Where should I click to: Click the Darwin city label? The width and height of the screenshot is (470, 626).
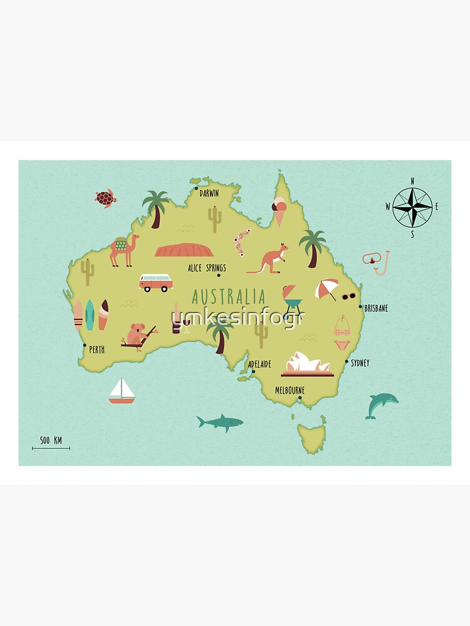pos(209,193)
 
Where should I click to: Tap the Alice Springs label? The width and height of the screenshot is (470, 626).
pos(207,268)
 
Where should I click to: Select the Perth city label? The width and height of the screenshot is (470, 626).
pos(97,349)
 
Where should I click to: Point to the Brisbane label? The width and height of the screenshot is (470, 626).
pos(376,308)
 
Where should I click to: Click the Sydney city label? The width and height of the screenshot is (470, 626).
pos(360,362)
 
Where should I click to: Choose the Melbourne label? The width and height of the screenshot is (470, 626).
pos(290,390)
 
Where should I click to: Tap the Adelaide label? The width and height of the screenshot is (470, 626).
pos(259,364)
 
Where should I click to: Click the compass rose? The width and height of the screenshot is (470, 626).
pos(412,207)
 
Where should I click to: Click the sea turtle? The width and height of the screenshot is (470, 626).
pos(105,198)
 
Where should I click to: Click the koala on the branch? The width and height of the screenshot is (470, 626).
pos(137,334)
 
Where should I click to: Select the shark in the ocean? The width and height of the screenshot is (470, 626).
pos(219,423)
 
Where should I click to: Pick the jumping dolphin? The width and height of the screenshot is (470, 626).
pos(380,405)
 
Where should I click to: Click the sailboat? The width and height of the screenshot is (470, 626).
pos(122,391)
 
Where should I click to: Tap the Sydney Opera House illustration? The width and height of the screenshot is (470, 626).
pos(307,364)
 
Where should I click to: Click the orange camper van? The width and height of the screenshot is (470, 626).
pos(156,282)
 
